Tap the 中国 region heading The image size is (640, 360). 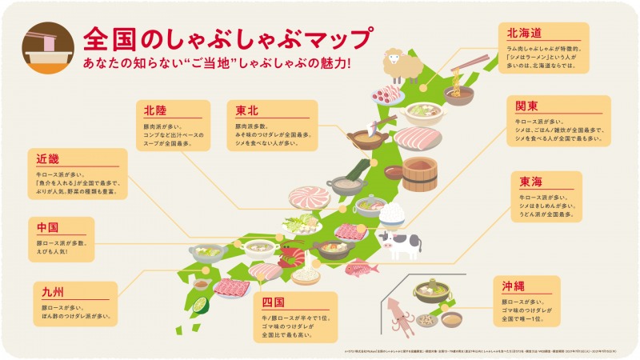[48, 227]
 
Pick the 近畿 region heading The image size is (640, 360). [48, 159]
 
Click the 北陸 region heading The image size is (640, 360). [155, 110]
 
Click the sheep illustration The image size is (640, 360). [403, 66]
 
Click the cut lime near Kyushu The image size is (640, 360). [200, 305]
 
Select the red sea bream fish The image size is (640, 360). [361, 267]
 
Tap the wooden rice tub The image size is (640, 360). [418, 172]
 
